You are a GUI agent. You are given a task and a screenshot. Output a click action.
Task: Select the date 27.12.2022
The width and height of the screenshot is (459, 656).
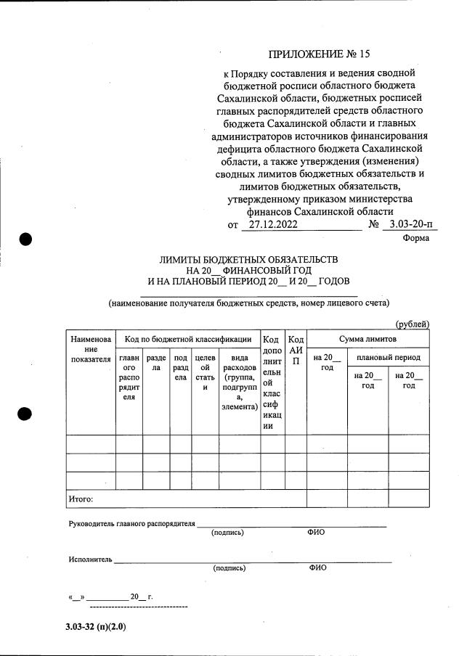point(271,225)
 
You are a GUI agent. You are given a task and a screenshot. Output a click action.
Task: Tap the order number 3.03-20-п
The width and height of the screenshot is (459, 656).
point(410,225)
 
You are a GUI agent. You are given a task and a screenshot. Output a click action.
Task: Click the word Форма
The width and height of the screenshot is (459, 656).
point(415,238)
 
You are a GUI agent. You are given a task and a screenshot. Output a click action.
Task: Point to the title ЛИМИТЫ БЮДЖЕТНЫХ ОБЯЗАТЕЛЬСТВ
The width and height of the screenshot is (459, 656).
point(249,259)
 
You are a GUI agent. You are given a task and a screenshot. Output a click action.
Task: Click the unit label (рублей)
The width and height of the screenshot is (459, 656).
point(413,324)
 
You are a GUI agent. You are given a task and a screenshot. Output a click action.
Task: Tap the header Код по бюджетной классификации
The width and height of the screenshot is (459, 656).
point(188,339)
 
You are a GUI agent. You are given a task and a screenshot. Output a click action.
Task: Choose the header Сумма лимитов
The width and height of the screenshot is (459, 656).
point(367,339)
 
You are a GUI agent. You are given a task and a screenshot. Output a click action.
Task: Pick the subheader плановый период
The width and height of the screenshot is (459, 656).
point(388,358)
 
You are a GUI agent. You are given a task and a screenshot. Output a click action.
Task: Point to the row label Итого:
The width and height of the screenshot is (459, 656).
point(81,499)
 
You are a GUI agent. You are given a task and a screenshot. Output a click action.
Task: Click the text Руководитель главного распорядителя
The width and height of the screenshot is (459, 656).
point(131,523)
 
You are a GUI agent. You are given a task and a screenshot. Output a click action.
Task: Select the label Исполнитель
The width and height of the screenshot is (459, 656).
point(90,559)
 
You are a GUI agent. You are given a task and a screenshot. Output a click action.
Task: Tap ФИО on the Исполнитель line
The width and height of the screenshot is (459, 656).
point(317,568)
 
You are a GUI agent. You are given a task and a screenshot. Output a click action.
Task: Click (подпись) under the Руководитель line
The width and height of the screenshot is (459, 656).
point(227,533)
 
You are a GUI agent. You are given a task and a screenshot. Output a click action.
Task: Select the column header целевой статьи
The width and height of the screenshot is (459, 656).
point(204,372)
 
